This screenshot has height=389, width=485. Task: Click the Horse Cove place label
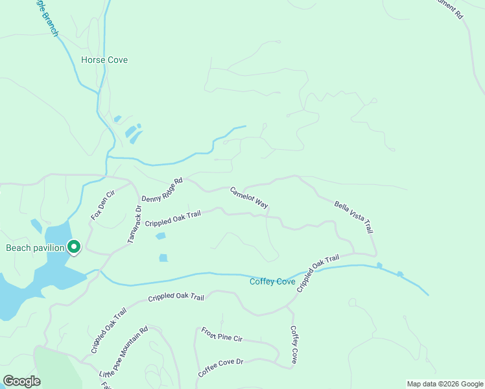tap(104, 60)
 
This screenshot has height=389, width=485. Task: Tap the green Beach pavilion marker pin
tap(74, 247)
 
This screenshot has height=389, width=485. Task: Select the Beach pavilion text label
tap(35, 248)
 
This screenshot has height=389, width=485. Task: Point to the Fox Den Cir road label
tap(102, 206)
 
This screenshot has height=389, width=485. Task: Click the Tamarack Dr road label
tap(134, 224)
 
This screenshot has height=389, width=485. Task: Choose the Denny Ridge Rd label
tap(163, 189)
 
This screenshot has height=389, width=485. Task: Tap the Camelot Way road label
tap(249, 198)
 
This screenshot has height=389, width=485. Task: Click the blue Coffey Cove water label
tap(273, 281)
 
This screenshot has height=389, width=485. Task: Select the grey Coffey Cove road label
tap(294, 345)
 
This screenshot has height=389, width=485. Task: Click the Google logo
tap(21, 381)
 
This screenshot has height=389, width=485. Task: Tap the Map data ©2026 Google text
tap(444, 384)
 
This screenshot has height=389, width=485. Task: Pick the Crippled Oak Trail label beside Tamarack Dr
tap(173, 218)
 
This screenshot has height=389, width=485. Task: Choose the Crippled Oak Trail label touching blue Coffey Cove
tap(318, 273)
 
